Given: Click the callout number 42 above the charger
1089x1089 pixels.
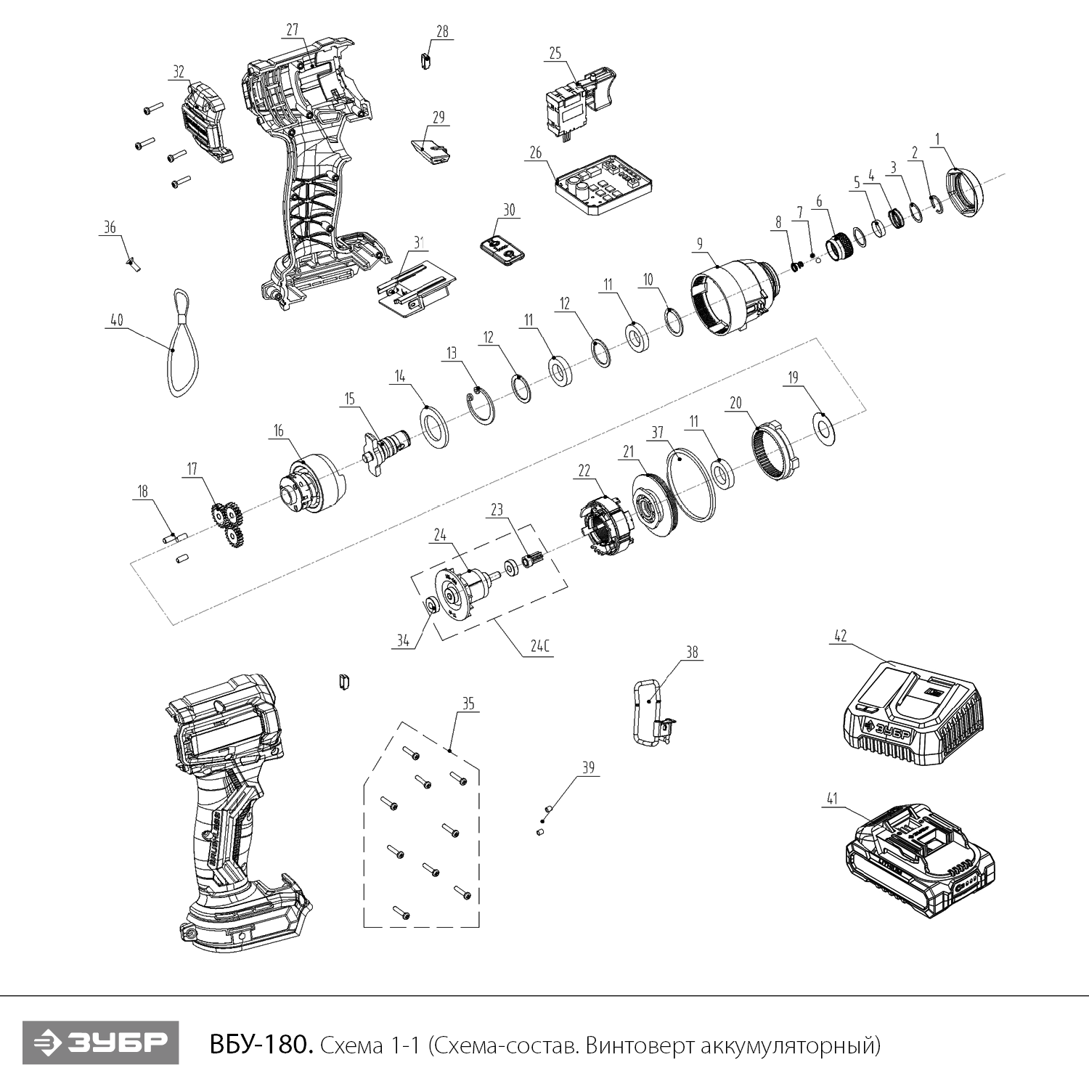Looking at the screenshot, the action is pyautogui.click(x=840, y=636).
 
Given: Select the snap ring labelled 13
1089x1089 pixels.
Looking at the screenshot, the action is pyautogui.click(x=480, y=408).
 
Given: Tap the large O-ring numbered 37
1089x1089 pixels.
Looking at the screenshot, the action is pyautogui.click(x=689, y=484).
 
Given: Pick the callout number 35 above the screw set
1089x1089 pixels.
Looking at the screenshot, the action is pyautogui.click(x=468, y=703).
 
